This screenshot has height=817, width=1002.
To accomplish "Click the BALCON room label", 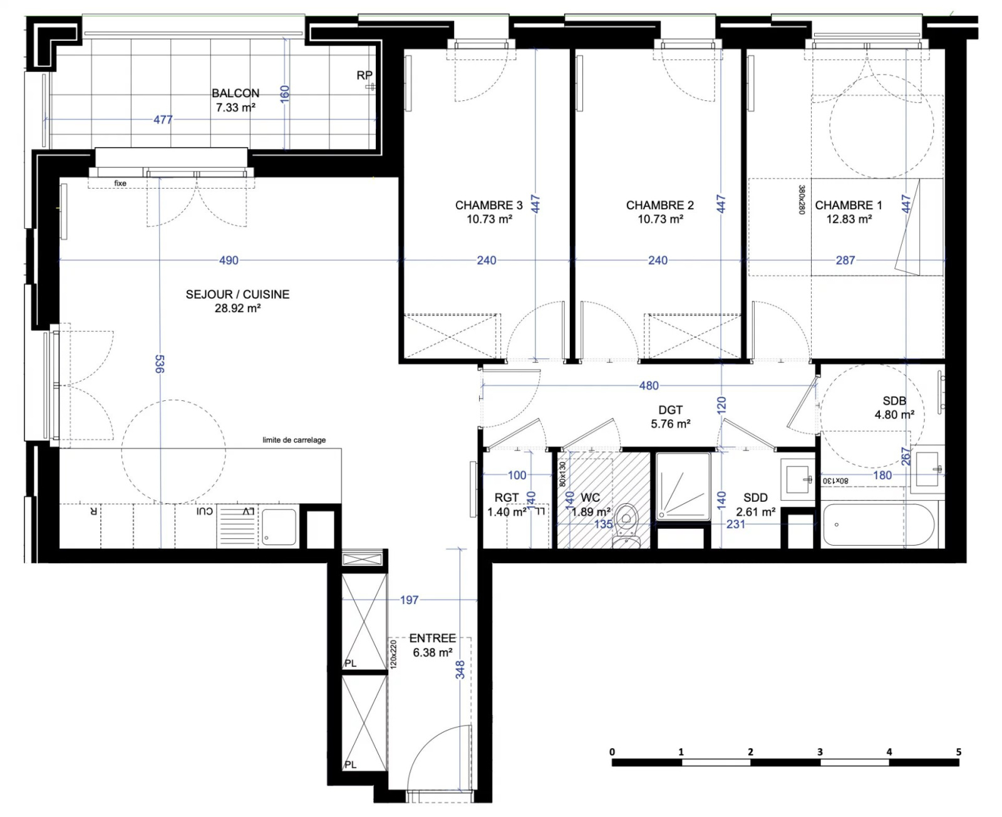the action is pos(235,93).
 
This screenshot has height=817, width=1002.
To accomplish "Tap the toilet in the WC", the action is pos(626,526).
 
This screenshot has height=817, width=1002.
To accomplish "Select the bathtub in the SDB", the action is pos(878,525).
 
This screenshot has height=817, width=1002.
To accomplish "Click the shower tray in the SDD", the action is pos(683,487).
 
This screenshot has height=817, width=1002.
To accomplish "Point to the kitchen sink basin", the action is pos(279,527).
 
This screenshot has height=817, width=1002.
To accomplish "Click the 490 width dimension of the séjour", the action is pos(229,260).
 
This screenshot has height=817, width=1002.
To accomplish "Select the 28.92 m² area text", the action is pos(237,308).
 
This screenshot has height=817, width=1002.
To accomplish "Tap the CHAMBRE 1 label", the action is pos(849,206).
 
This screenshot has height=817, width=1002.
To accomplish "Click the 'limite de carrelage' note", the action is pos(294,440).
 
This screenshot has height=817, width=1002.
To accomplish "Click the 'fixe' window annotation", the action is pos(120,183).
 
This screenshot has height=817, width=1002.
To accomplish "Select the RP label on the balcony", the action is pos(364,75).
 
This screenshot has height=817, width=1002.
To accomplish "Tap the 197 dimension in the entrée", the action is pos(410,600).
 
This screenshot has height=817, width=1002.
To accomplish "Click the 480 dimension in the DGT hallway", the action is pos(649,386).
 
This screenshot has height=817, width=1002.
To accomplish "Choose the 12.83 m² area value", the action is pos(849,219).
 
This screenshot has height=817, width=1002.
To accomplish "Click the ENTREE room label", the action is pos(432,638).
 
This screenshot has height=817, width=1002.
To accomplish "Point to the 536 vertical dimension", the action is pos(160,364).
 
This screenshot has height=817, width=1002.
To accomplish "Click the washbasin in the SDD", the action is pos(797,479).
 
